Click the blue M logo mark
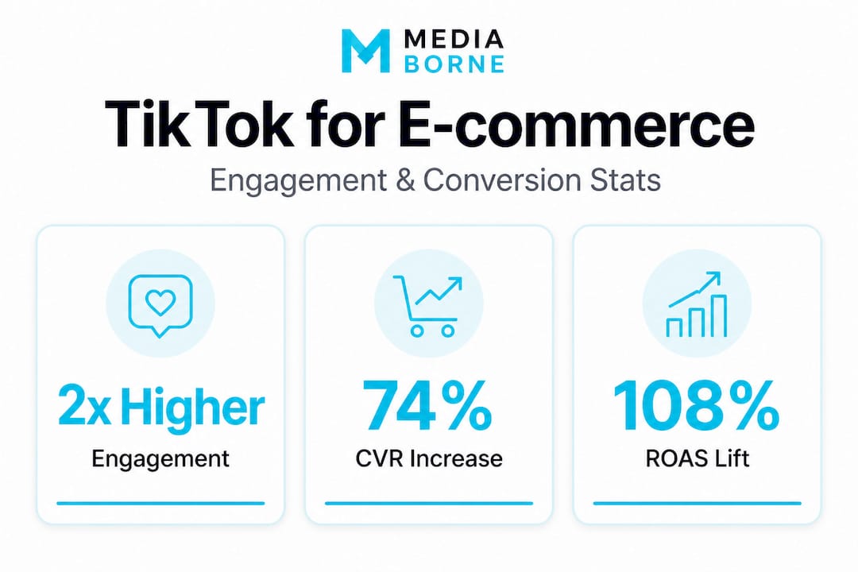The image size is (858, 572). pyautogui.click(x=365, y=50)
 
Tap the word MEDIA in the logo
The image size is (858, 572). pyautogui.click(x=454, y=39)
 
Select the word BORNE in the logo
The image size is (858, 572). pyautogui.click(x=454, y=64)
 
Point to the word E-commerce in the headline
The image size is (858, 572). pyautogui.click(x=577, y=124)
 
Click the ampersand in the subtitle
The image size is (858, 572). pyautogui.click(x=404, y=180)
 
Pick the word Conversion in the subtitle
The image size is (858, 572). pyautogui.click(x=502, y=180)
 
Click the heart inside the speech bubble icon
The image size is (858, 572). pyautogui.click(x=160, y=302)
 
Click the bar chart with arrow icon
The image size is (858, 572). pyautogui.click(x=696, y=304)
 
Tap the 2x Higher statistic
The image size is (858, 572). pyautogui.click(x=160, y=408)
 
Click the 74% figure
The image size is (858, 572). pyautogui.click(x=427, y=407)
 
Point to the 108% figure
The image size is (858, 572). pyautogui.click(x=696, y=407)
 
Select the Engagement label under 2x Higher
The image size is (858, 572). pyautogui.click(x=160, y=459)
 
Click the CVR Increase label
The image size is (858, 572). pyautogui.click(x=429, y=458)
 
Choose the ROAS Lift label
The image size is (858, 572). pyautogui.click(x=698, y=458)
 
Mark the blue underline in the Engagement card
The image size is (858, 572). pyautogui.click(x=160, y=503)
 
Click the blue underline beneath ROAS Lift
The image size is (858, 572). pyautogui.click(x=698, y=503)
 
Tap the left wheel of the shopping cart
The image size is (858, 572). pyautogui.click(x=417, y=330)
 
